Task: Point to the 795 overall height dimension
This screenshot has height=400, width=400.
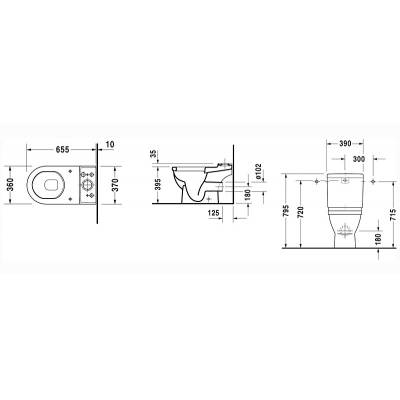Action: coord(288,203)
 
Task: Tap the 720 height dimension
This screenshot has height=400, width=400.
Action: coord(300,208)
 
